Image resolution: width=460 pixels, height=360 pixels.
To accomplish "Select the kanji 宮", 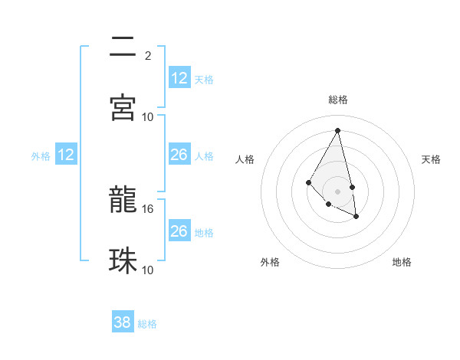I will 123,107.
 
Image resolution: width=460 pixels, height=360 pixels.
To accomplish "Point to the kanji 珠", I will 123,261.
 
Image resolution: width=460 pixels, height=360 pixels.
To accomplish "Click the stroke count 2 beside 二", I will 147,55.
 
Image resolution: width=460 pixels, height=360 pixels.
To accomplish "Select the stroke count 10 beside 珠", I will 148,270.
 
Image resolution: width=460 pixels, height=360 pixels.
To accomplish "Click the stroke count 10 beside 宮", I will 148,116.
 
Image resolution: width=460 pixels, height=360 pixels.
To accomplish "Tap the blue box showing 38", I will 123,322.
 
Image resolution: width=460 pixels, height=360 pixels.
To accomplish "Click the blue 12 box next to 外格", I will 66,155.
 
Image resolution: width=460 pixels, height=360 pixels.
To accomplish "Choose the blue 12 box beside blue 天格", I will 179,78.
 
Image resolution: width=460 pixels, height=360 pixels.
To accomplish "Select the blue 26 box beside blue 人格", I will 179,155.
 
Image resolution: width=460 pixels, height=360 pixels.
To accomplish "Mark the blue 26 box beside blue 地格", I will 179,231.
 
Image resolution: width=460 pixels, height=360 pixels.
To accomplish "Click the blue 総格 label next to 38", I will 147,324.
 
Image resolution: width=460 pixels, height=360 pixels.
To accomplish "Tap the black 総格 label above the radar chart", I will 338,100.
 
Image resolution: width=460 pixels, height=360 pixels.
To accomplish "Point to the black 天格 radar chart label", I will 432,159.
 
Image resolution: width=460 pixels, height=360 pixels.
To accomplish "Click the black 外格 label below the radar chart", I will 270,262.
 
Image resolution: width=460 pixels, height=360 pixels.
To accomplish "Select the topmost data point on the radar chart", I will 337,130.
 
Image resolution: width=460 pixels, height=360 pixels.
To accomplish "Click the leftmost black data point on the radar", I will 308,182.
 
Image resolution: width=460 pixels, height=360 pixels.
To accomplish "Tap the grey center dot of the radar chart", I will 337,191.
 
